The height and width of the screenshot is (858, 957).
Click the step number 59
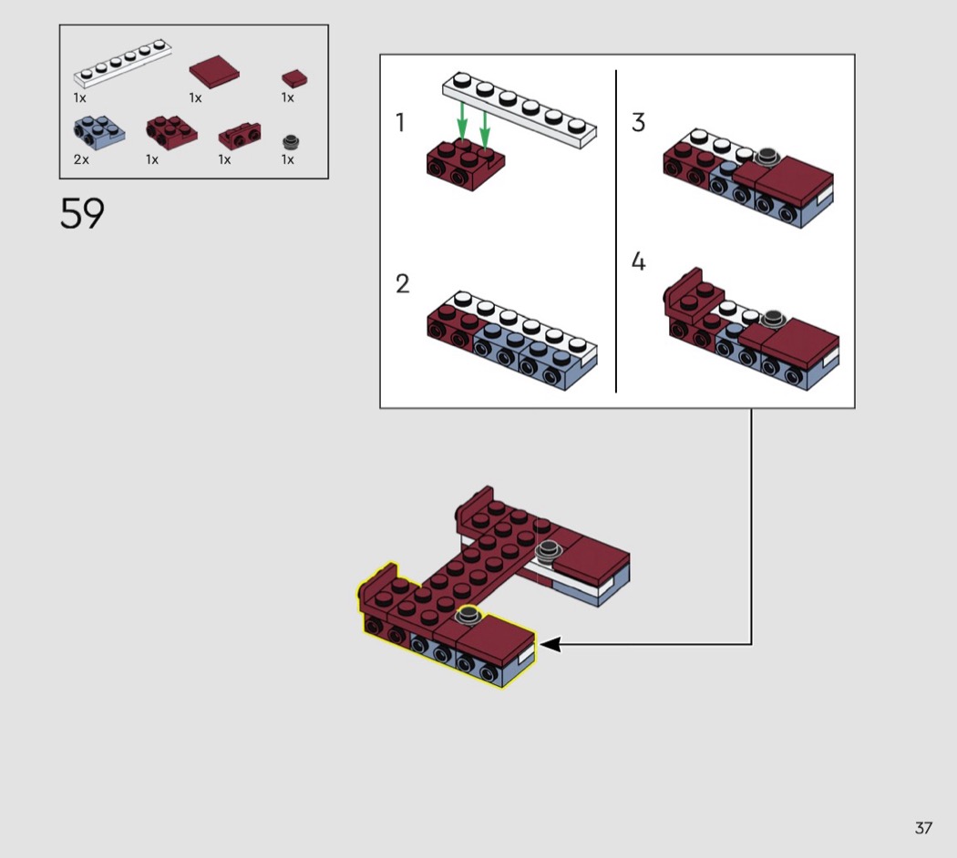pyautogui.click(x=82, y=213)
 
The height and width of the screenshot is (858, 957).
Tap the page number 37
pyautogui.click(x=922, y=828)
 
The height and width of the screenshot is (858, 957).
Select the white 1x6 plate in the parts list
pyautogui.click(x=123, y=63)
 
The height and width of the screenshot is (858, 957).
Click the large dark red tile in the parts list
pyautogui.click(x=214, y=72)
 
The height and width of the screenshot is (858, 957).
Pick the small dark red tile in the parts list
pyautogui.click(x=294, y=78)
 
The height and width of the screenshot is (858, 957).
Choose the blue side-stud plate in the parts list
pyautogui.click(x=99, y=130)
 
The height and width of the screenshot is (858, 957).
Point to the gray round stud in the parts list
pyautogui.click(x=291, y=141)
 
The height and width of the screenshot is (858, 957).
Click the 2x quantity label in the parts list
pyautogui.click(x=81, y=159)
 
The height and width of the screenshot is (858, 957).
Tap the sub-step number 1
pyautogui.click(x=400, y=123)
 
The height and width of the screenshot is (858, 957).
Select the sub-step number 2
pyautogui.click(x=402, y=283)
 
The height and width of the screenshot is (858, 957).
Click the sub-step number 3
pyautogui.click(x=638, y=122)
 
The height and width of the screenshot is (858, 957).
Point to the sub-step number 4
pyautogui.click(x=638, y=261)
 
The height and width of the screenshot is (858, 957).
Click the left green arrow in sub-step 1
pyautogui.click(x=462, y=121)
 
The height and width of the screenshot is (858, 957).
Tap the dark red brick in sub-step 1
pyautogui.click(x=466, y=165)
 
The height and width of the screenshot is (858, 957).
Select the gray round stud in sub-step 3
pyautogui.click(x=767, y=156)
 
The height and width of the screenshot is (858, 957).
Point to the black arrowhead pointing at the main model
pyautogui.click(x=550, y=644)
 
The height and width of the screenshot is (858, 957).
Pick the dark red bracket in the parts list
pyautogui.click(x=240, y=136)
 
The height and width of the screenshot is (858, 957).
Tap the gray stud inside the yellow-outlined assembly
pyautogui.click(x=468, y=615)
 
